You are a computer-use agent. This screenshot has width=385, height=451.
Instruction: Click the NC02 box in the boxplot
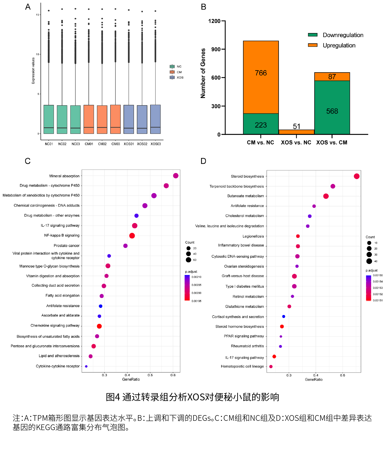tap(62, 119)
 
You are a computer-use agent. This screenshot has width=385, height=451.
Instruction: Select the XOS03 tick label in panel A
tap(156, 144)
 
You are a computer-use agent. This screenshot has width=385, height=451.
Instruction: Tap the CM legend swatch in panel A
tap(172, 72)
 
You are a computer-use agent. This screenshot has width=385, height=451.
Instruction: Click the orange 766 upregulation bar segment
tap(261, 77)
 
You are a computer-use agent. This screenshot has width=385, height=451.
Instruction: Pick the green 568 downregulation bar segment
tap(332, 107)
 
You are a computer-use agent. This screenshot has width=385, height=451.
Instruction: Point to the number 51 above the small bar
tap(296, 126)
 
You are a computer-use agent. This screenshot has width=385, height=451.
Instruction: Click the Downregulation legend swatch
tap(313, 35)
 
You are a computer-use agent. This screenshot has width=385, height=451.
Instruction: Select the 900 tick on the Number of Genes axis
tap(216, 49)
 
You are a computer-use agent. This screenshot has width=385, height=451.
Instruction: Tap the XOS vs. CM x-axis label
tap(332, 142)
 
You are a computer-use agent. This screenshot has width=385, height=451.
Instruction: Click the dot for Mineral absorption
tap(176, 176)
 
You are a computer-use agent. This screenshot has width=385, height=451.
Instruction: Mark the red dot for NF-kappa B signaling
tap(132, 236)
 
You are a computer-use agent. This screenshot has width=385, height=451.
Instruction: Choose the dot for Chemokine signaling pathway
tap(99, 326)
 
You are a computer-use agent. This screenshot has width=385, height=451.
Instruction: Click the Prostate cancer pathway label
tap(66, 246)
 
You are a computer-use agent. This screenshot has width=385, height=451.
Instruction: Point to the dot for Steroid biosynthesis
tap(357, 176)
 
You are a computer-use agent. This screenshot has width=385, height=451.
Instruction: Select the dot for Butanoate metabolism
tap(326, 196)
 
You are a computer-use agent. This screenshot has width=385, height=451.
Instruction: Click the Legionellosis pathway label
tap(253, 236)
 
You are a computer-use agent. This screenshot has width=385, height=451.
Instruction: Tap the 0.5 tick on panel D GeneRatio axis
tap(342, 375)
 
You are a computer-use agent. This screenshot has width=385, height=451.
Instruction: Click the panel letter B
tap(203, 7)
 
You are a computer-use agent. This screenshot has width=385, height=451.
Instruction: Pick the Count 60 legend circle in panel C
tap(188, 260)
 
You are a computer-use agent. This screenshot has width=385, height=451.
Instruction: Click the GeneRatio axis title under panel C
tap(131, 379)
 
